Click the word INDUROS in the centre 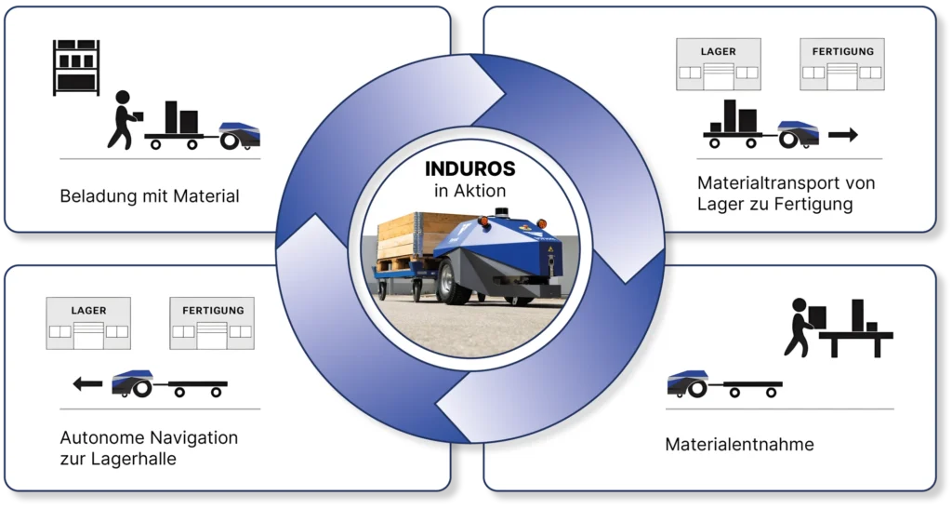(469, 168)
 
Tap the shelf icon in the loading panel (76, 67)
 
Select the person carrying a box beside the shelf (125, 120)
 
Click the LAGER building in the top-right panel (719, 64)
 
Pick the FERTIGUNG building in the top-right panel (842, 64)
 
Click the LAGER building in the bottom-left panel (88, 323)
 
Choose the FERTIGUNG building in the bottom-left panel (212, 323)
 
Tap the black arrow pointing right (843, 135)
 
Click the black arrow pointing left (88, 384)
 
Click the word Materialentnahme (739, 444)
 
